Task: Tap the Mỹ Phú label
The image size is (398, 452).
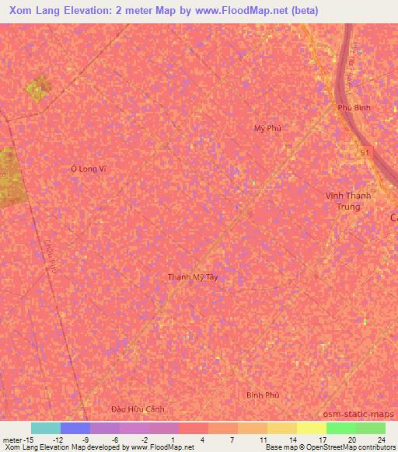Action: (x=267, y=128)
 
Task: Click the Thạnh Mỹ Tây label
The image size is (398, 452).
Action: (x=193, y=277)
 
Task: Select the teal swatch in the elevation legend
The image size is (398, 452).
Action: (x=45, y=428)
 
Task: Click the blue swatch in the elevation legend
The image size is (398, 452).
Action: (x=75, y=428)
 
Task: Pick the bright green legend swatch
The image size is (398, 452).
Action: (x=340, y=428)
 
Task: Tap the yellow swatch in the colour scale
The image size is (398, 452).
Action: (x=311, y=428)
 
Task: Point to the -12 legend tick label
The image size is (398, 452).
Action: (x=58, y=440)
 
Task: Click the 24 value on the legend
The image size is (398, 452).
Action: (x=381, y=440)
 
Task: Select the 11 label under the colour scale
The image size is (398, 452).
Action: (x=264, y=440)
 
